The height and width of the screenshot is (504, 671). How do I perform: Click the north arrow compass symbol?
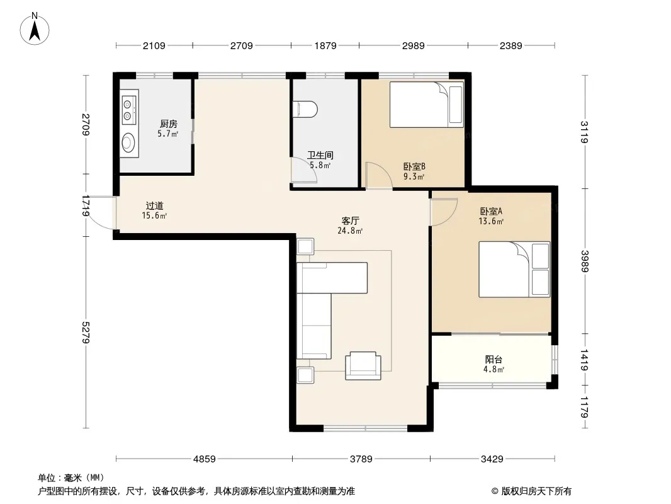pyautogui.click(x=35, y=29)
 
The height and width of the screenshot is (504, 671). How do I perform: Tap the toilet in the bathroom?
pyautogui.click(x=305, y=109)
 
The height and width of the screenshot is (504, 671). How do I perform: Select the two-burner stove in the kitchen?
pyautogui.click(x=128, y=110)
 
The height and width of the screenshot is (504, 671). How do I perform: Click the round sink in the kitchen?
pyautogui.click(x=128, y=142)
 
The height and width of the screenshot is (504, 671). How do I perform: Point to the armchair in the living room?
pyautogui.click(x=363, y=365)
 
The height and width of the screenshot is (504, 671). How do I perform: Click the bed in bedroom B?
pyautogui.click(x=427, y=105)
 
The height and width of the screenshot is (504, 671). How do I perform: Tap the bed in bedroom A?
pyautogui.click(x=514, y=270)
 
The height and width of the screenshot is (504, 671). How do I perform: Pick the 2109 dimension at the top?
pyautogui.click(x=154, y=45)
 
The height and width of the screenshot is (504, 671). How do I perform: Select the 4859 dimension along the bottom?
pyautogui.click(x=205, y=459)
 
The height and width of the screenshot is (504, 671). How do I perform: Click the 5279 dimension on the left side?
pyautogui.click(x=86, y=332)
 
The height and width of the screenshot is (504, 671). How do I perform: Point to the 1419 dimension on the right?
pyautogui.click(x=585, y=360)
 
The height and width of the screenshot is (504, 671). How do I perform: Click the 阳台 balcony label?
pyautogui.click(x=493, y=359)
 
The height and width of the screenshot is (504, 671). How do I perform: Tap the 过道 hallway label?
pyautogui.click(x=154, y=206)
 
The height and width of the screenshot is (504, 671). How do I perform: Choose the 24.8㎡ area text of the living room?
pyautogui.click(x=350, y=231)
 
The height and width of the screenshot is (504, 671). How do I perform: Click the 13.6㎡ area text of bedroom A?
pyautogui.click(x=491, y=221)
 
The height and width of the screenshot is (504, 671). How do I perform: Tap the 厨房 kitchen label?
pyautogui.click(x=169, y=123)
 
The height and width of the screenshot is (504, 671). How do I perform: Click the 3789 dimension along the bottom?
pyautogui.click(x=361, y=459)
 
